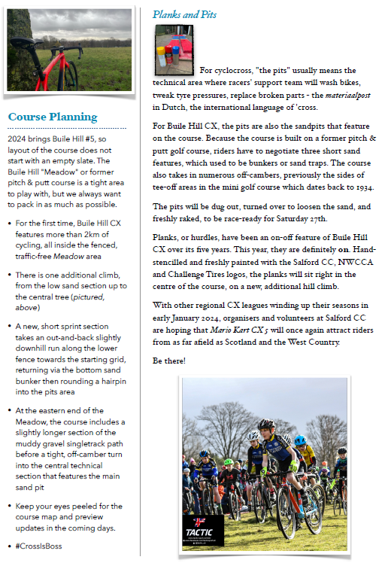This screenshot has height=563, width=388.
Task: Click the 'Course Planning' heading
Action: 53,117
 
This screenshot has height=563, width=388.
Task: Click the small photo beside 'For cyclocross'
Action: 174,50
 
